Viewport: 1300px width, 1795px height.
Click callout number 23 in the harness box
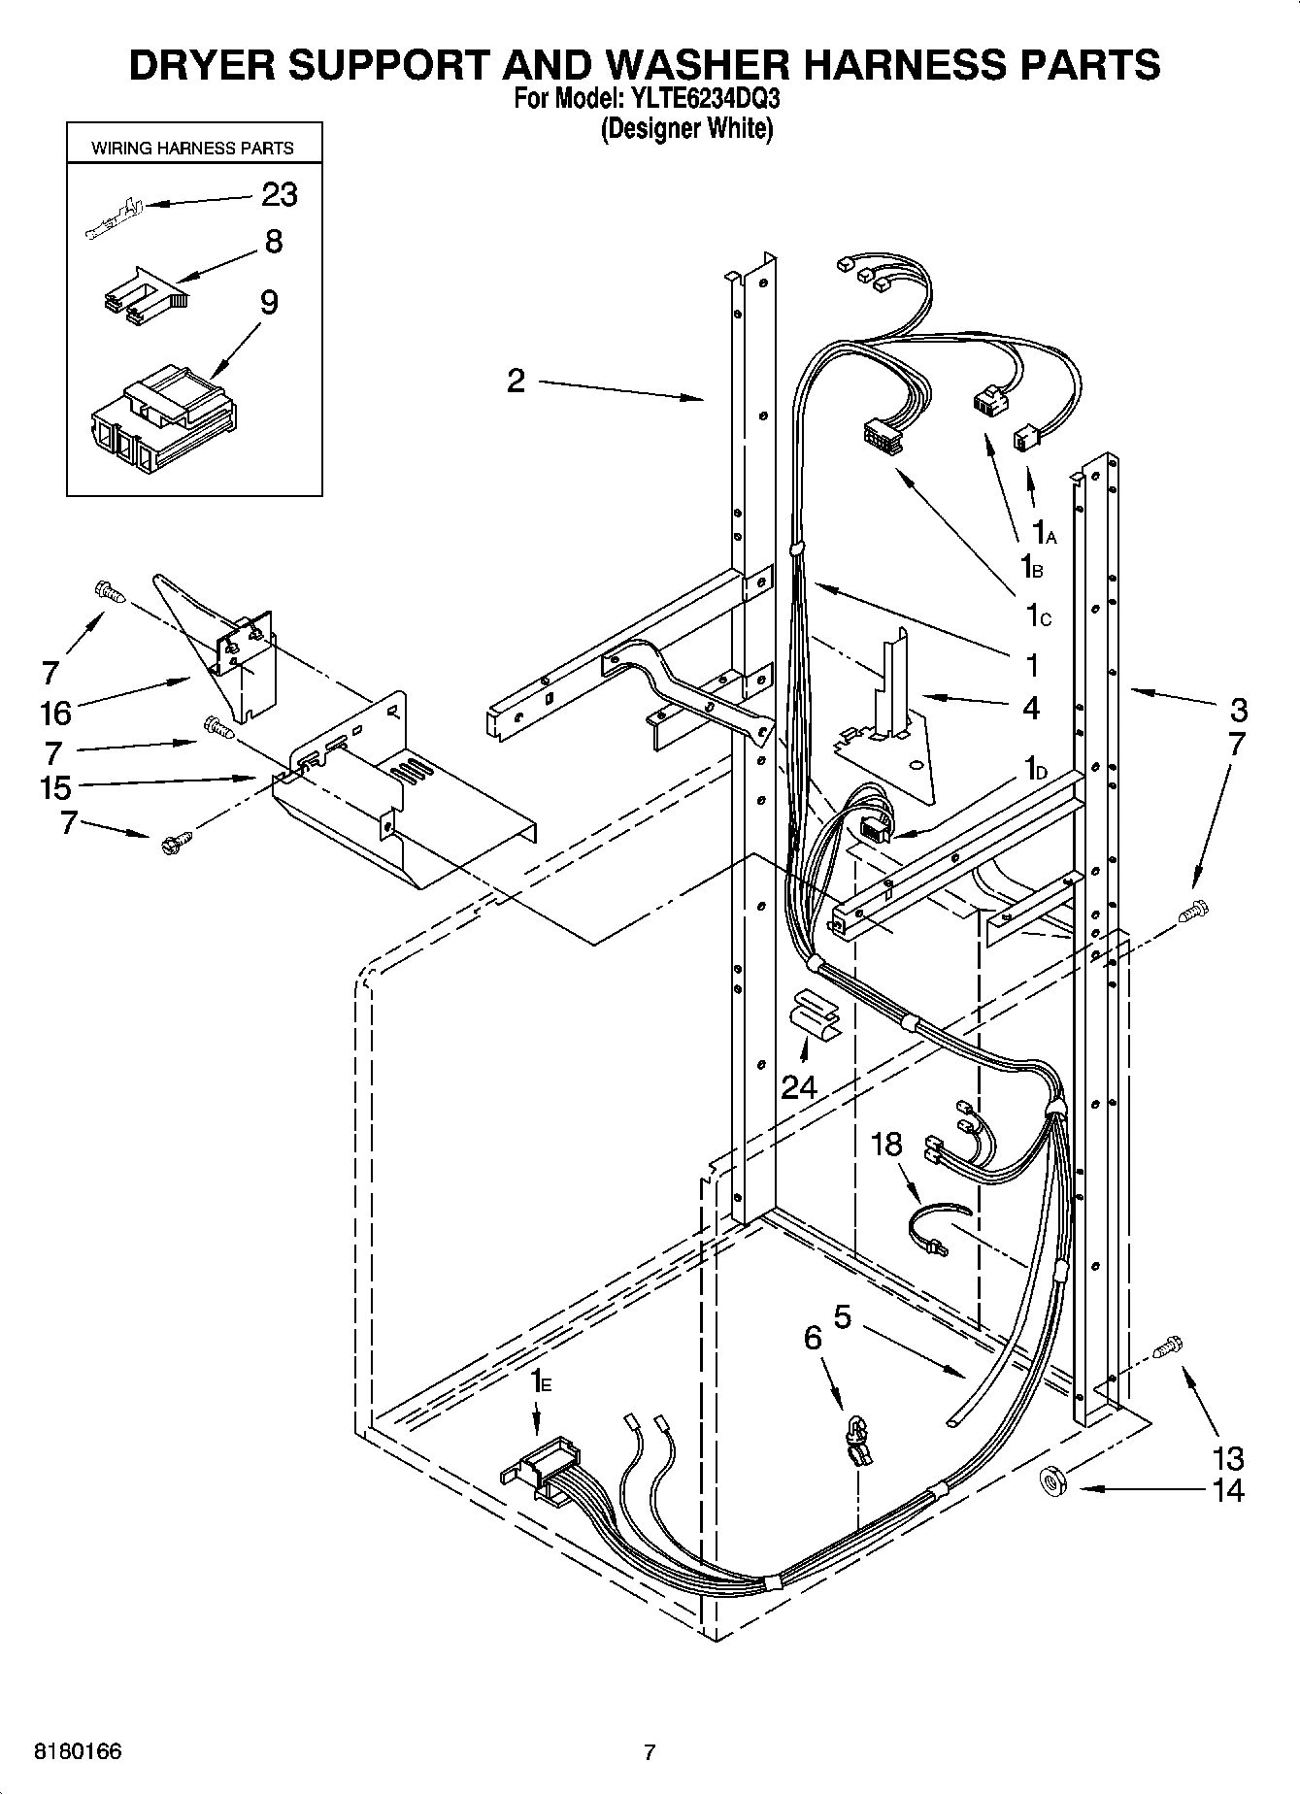280,194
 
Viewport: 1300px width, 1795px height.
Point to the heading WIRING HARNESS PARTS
192,149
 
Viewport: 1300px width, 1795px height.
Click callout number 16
55,713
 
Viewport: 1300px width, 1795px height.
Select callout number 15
55,787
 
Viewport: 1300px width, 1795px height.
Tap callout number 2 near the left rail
516,380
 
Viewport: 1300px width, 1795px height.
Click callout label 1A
1044,532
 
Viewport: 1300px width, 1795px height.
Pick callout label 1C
1037,615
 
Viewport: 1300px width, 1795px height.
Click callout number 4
1031,708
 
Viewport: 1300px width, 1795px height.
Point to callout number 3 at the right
1237,709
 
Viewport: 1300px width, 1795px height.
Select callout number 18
886,1145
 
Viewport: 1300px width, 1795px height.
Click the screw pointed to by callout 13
1169,1347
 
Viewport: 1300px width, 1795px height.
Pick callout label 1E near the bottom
540,1381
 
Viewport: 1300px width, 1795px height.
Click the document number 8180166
78,1752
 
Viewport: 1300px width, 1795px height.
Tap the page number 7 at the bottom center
650,1752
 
